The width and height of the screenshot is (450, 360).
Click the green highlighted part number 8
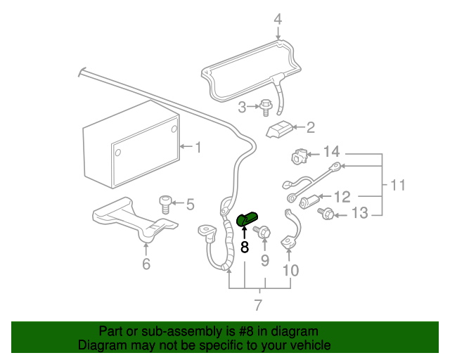point(246,219)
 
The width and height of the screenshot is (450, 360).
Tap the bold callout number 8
point(244,247)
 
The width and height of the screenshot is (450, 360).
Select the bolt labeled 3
point(266,108)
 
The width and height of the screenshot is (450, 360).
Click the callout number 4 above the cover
point(278,19)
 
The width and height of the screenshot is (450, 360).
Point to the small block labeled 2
point(280,129)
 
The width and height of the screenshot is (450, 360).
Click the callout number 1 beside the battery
point(198,147)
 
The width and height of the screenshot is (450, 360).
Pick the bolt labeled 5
point(165,204)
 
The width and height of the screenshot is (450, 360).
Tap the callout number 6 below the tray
point(146,264)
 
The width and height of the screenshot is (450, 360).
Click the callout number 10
point(290,271)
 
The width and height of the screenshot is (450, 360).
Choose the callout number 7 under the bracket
point(258,305)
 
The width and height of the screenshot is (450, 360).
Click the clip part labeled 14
point(299,156)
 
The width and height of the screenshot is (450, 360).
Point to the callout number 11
point(398,185)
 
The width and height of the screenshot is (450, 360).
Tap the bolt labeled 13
point(326,213)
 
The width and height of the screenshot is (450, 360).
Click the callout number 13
point(359,213)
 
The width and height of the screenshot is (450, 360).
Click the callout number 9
point(265,260)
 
